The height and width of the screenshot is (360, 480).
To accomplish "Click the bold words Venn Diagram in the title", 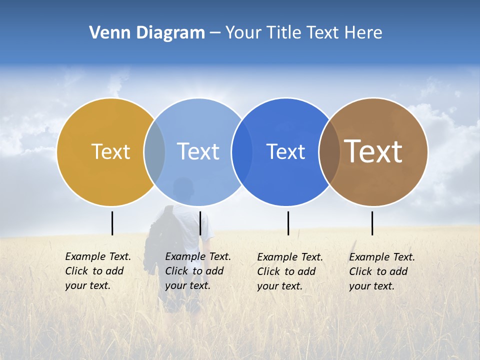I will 147,33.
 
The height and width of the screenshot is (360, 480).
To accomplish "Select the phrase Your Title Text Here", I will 303,33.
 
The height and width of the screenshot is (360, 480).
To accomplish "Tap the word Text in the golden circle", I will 110,151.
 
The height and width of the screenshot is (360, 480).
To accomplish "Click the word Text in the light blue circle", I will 198,151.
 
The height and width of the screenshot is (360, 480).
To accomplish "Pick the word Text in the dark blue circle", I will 285,152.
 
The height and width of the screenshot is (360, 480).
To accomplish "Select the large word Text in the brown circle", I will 373,151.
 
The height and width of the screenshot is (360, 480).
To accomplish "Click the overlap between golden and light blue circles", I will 154,152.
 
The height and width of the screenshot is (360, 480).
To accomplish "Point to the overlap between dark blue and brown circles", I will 329,152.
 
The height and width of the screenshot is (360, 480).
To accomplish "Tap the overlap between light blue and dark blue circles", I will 241,152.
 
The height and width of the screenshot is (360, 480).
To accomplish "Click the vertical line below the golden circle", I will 112,223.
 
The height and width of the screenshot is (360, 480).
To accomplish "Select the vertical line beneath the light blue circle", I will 200,223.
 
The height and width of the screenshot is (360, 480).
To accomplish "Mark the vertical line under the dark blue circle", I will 288,223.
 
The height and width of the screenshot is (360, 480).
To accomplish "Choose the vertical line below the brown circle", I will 372,223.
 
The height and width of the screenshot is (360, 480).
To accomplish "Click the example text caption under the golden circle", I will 97,271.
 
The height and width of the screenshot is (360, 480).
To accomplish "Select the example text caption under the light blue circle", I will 197,271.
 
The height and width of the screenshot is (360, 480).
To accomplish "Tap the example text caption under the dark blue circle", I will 289,271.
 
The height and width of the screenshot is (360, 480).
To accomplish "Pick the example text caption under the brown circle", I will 381,271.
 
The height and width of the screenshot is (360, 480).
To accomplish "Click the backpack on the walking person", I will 159,235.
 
